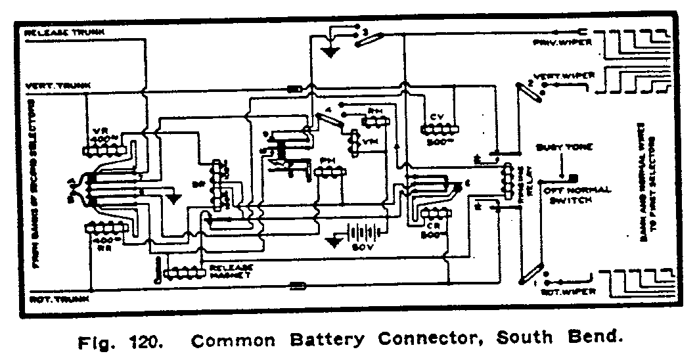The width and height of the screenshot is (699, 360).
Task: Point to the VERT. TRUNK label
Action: point(53,85)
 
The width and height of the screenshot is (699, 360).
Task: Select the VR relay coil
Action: point(105,150)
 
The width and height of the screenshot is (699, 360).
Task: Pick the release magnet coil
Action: point(186,271)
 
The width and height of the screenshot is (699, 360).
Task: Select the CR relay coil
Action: point(434,214)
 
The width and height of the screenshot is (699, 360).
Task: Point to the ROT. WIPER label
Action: point(569,291)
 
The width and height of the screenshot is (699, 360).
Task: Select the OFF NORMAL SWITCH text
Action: point(569,194)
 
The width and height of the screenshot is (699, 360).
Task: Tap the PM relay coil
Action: point(329,173)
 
